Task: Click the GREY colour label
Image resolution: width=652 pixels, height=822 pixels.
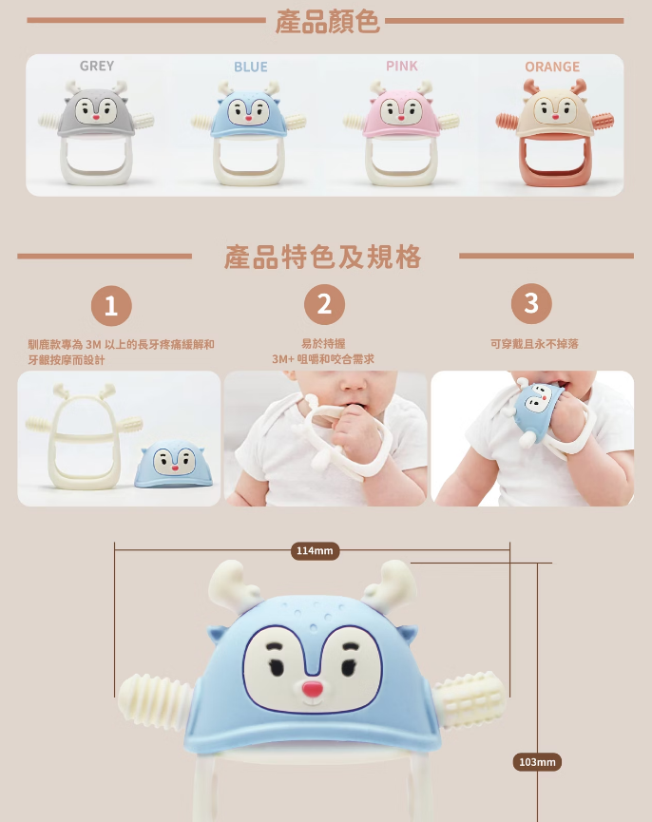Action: coord(97,67)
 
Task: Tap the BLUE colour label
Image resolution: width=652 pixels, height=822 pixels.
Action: coord(251,67)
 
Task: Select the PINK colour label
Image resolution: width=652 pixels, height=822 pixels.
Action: coord(402,67)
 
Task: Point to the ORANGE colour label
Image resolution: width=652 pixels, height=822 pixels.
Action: coord(552,67)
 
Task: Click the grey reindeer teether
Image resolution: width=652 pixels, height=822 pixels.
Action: coord(96,132)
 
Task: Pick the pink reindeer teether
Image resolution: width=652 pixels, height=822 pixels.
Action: coord(401,133)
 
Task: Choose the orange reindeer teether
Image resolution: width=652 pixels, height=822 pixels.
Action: coord(554,132)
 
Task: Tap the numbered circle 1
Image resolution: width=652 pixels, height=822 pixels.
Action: coord(111,306)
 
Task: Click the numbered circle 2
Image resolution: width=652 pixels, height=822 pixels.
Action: coord(324,305)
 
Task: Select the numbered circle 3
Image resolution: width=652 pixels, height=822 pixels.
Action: coord(531,303)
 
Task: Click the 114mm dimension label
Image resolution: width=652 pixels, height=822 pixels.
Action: coord(315,551)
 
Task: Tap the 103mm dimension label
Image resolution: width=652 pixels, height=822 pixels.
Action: coord(537,762)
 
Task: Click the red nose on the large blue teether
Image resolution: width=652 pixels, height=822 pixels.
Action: coord(313,689)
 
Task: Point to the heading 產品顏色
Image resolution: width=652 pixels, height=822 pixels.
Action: coord(328,22)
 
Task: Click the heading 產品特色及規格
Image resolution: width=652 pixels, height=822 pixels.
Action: coord(323,257)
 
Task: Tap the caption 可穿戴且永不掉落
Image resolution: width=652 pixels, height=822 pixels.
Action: coord(534,344)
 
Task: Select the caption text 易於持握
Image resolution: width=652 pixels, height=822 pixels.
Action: coord(323,343)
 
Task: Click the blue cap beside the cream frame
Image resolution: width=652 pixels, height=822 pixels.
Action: coord(174,464)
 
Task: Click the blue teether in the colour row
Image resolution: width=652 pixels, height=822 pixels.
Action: coord(249,133)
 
